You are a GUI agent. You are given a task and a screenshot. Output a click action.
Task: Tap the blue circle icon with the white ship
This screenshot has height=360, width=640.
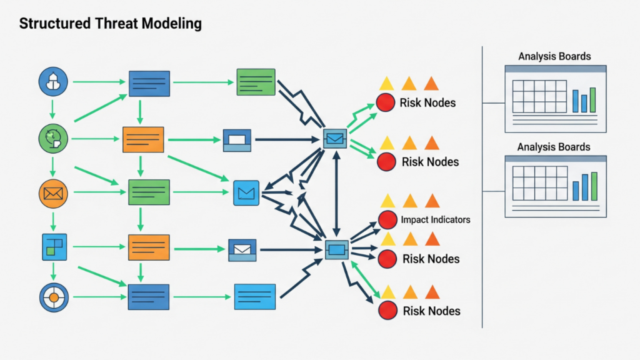[x=52, y=81]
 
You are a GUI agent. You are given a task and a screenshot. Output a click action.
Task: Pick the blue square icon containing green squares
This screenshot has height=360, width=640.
[x=53, y=246]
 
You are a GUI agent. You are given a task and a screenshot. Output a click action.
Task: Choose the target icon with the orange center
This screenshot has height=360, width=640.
[x=53, y=297]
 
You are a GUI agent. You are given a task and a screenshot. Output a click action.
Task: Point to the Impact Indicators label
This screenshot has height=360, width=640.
[x=436, y=219]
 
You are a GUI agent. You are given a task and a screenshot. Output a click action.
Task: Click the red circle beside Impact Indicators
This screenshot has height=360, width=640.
[x=387, y=219]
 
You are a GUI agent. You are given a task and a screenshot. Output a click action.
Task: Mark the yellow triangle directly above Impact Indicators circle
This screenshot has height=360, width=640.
[x=387, y=201]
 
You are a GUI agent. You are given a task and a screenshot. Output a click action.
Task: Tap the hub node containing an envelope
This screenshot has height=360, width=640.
[x=335, y=137]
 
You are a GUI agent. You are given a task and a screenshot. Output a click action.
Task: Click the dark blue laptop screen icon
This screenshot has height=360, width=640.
[x=237, y=140]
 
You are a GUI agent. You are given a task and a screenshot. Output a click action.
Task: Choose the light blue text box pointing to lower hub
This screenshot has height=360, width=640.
[x=255, y=297]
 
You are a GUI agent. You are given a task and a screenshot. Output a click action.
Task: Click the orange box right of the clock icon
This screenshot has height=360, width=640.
[x=143, y=139]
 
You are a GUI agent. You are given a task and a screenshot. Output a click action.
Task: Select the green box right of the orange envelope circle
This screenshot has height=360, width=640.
[x=149, y=192]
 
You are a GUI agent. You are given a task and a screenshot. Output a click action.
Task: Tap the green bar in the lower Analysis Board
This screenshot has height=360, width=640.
[x=594, y=186]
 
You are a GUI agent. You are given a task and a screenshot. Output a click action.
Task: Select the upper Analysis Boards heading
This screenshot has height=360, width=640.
[x=554, y=57]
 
